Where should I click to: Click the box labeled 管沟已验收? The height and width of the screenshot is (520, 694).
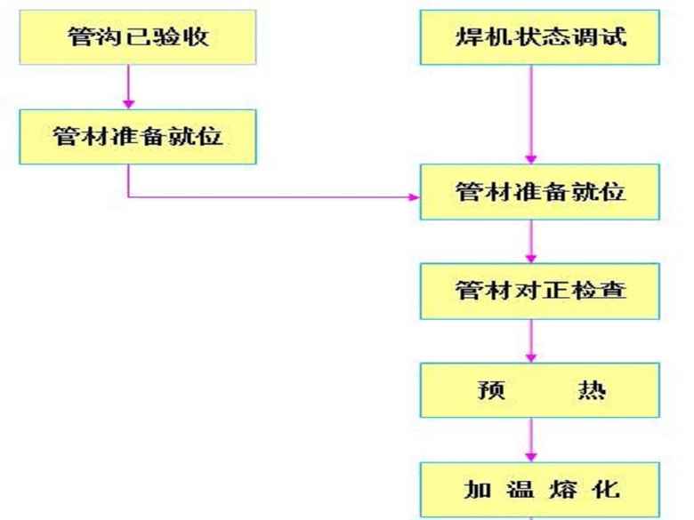[x=130, y=37]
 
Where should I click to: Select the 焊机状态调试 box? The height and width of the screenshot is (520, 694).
[x=540, y=37]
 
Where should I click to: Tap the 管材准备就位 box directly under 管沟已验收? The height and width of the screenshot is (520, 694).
[x=137, y=137]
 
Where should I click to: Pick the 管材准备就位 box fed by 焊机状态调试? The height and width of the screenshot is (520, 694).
[x=540, y=192]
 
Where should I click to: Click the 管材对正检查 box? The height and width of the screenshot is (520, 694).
[x=540, y=291]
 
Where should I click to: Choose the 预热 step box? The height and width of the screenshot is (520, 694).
[x=540, y=390]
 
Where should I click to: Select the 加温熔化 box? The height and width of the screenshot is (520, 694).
[x=540, y=489]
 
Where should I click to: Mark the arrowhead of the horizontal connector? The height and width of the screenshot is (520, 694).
[x=414, y=196]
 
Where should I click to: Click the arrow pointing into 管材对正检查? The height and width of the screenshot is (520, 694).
[x=532, y=242]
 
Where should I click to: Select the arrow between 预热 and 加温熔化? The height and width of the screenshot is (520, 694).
[x=532, y=439]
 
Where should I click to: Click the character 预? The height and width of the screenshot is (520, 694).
[x=491, y=390]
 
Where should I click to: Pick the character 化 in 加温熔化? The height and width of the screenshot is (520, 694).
[x=608, y=489]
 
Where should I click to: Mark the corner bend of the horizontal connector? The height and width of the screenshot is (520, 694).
[x=129, y=196]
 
